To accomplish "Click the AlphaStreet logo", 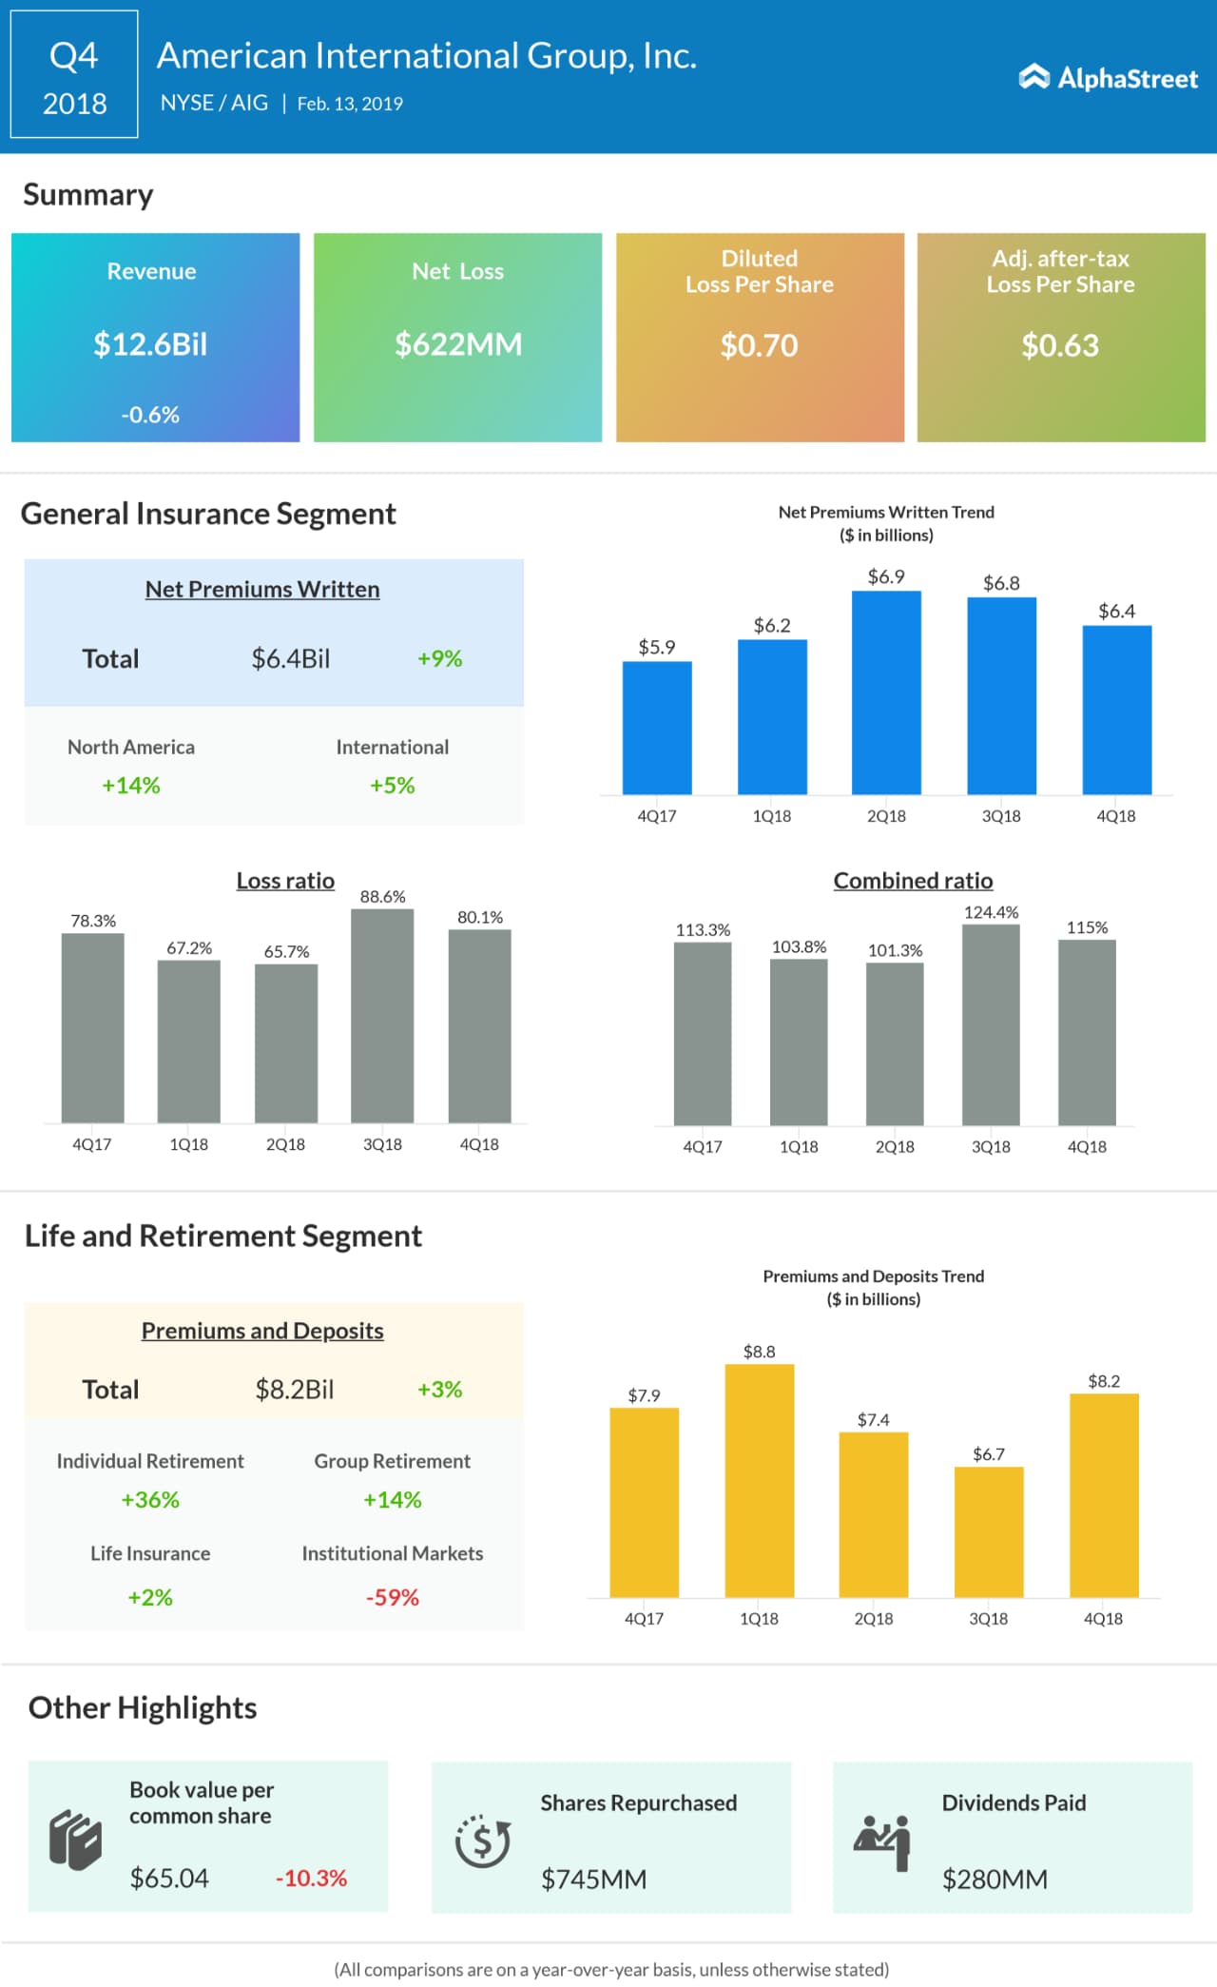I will tap(1109, 78).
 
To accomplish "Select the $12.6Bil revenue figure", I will tap(150, 344).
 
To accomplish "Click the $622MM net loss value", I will tap(458, 344).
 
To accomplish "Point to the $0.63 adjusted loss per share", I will tap(1060, 345).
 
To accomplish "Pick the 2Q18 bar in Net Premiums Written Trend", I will tap(886, 692).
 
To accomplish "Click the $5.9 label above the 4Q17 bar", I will tap(657, 648).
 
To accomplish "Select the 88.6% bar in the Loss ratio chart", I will tap(382, 1016).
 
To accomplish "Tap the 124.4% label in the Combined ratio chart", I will tap(991, 913).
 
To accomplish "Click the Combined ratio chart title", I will tap(913, 881).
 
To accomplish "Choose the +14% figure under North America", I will tap(131, 786).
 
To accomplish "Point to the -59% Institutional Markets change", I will tap(393, 1597).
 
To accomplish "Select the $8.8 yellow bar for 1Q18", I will tap(759, 1481).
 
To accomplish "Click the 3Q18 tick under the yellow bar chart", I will tap(989, 1619).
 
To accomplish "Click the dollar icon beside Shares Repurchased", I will tap(483, 1841).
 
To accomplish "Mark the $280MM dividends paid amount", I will tap(995, 1880).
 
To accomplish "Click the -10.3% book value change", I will tap(311, 1879).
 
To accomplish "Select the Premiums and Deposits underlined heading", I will tap(262, 1331).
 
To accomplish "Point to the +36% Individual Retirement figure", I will tap(150, 1500).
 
